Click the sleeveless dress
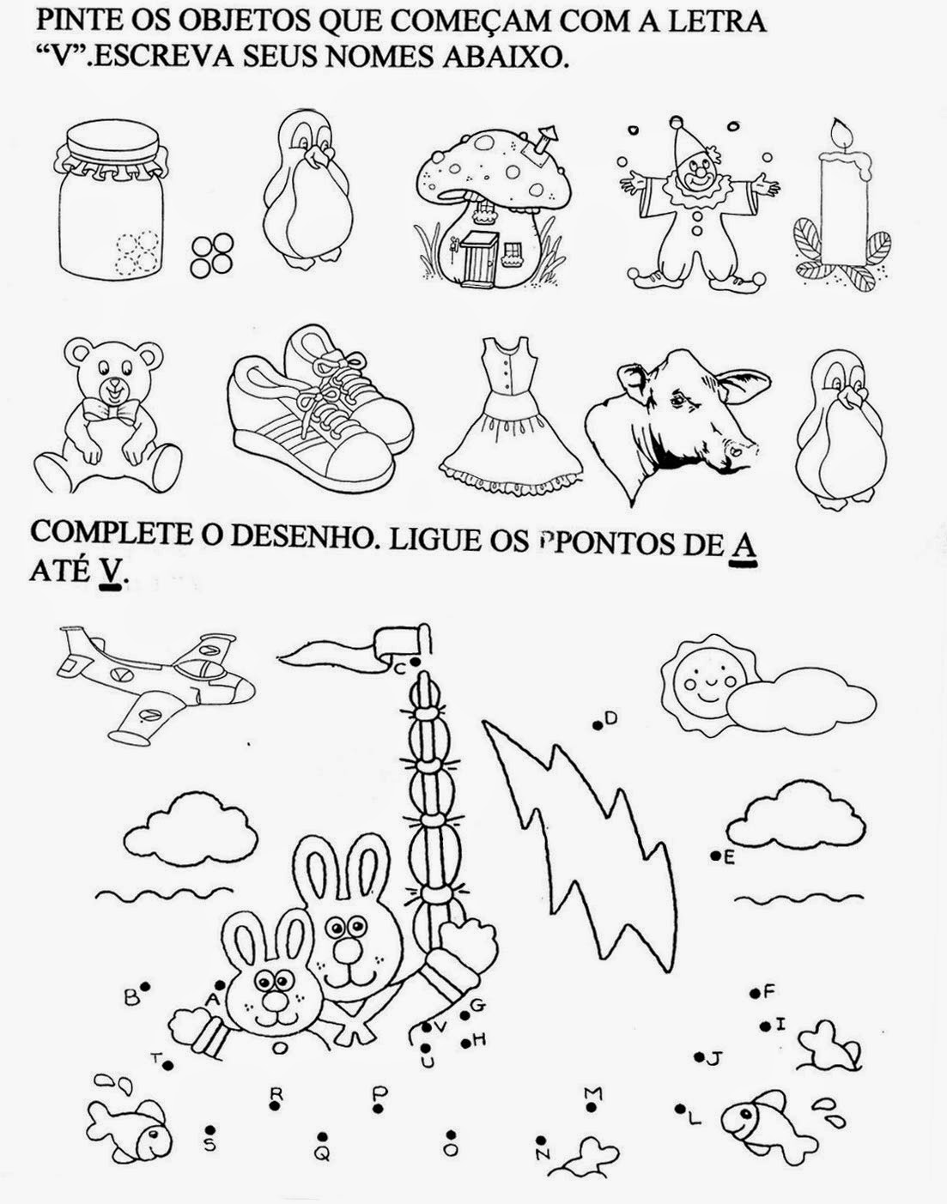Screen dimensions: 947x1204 pyautogui.click(x=511, y=416)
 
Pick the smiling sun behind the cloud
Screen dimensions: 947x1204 pyautogui.click(x=707, y=681)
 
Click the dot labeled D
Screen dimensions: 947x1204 pyautogui.click(x=598, y=726)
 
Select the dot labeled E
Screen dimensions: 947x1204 pyautogui.click(x=714, y=856)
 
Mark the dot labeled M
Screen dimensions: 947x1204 pyautogui.click(x=592, y=1106)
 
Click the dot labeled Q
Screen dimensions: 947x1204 pyautogui.click(x=322, y=1136)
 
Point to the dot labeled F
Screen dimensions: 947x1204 pyautogui.click(x=755, y=994)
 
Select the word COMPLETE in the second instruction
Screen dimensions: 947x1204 pyautogui.click(x=110, y=532)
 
